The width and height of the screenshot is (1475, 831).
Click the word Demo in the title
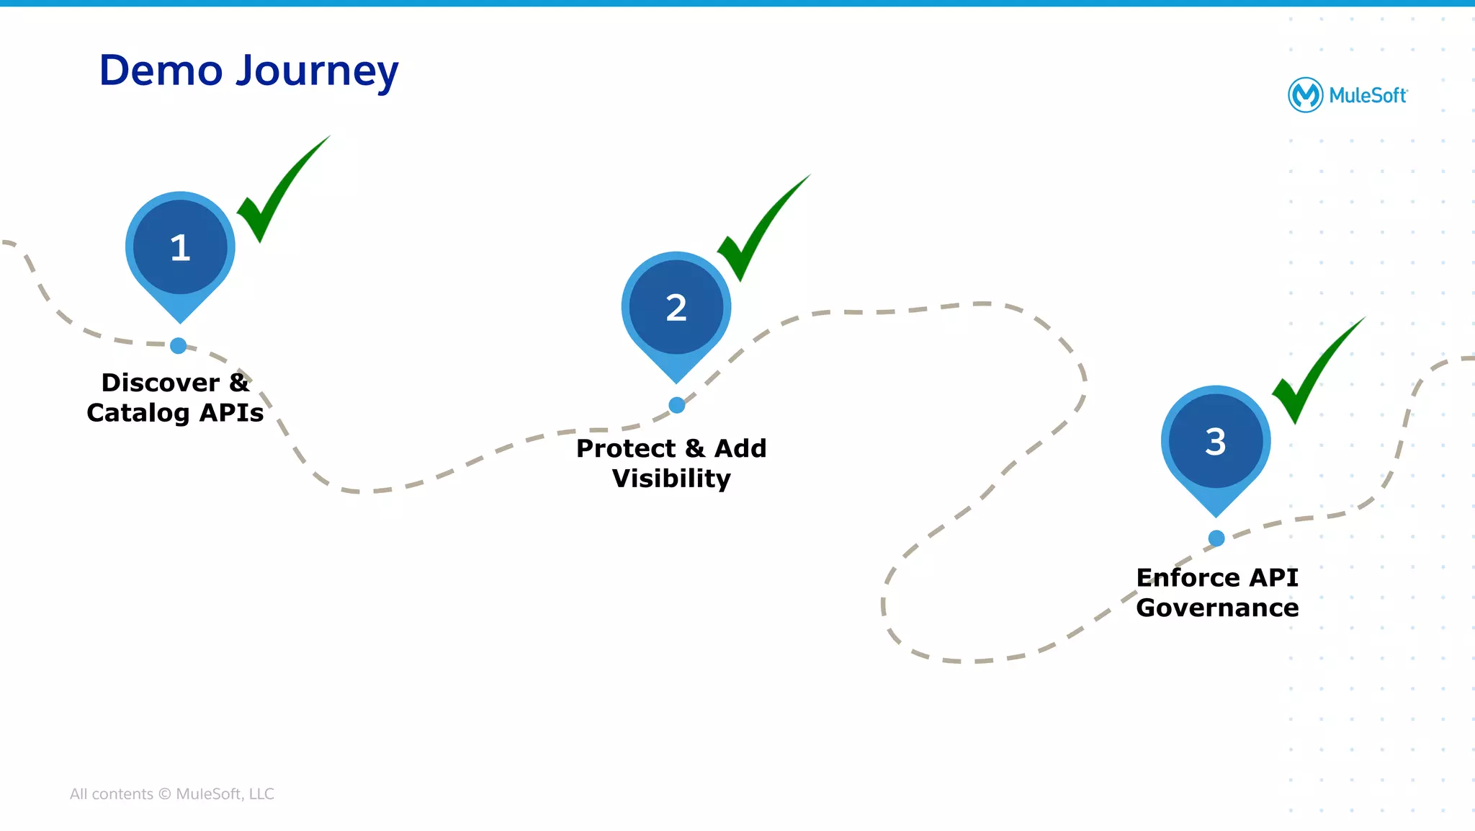[x=161, y=71]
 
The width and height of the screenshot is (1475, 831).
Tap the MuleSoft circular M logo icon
[x=1305, y=95]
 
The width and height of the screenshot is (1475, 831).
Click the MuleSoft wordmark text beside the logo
[x=1367, y=96]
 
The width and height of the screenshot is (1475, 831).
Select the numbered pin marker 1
[x=180, y=248]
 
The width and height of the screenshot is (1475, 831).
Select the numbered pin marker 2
[x=676, y=308]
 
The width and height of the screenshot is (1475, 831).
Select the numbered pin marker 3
[x=1216, y=442]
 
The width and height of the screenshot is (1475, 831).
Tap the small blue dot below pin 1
[x=179, y=346]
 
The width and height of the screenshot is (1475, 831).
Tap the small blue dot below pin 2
[x=676, y=406]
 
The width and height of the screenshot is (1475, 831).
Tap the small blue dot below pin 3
[x=1216, y=538]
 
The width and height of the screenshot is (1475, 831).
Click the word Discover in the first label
[x=160, y=383]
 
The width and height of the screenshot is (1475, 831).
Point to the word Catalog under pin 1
[x=138, y=413]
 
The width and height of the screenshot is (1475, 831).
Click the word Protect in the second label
[x=625, y=448]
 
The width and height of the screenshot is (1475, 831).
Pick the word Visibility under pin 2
[x=671, y=479]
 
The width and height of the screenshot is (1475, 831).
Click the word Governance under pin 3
[x=1217, y=608]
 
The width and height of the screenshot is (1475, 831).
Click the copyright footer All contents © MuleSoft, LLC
[x=171, y=794]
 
